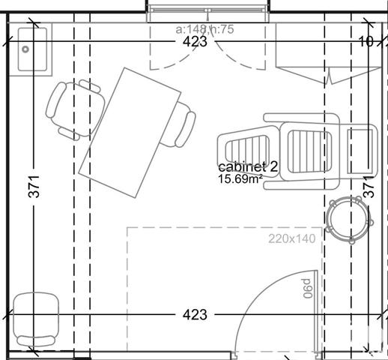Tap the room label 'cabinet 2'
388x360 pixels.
click(x=248, y=168)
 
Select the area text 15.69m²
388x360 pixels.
click(x=240, y=180)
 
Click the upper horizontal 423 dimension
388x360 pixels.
click(x=195, y=43)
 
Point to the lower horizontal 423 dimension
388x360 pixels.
click(x=195, y=315)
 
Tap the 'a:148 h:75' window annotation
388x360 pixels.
click(x=205, y=29)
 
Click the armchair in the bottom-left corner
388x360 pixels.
click(x=36, y=319)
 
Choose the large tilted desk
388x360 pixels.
click(x=131, y=131)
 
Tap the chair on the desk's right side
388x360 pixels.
click(x=184, y=126)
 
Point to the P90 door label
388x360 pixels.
click(x=307, y=289)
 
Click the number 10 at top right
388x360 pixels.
click(x=366, y=42)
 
